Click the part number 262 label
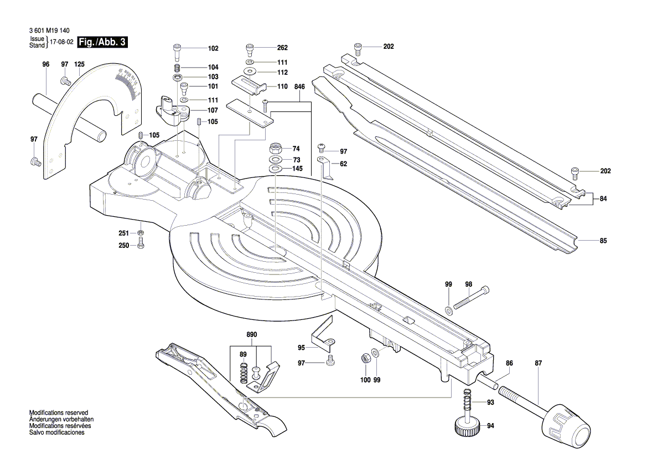click(x=283, y=48)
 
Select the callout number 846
click(x=299, y=88)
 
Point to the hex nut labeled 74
click(x=275, y=149)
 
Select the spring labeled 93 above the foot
click(x=467, y=403)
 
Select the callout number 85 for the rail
click(x=603, y=241)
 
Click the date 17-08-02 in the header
click(x=62, y=42)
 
